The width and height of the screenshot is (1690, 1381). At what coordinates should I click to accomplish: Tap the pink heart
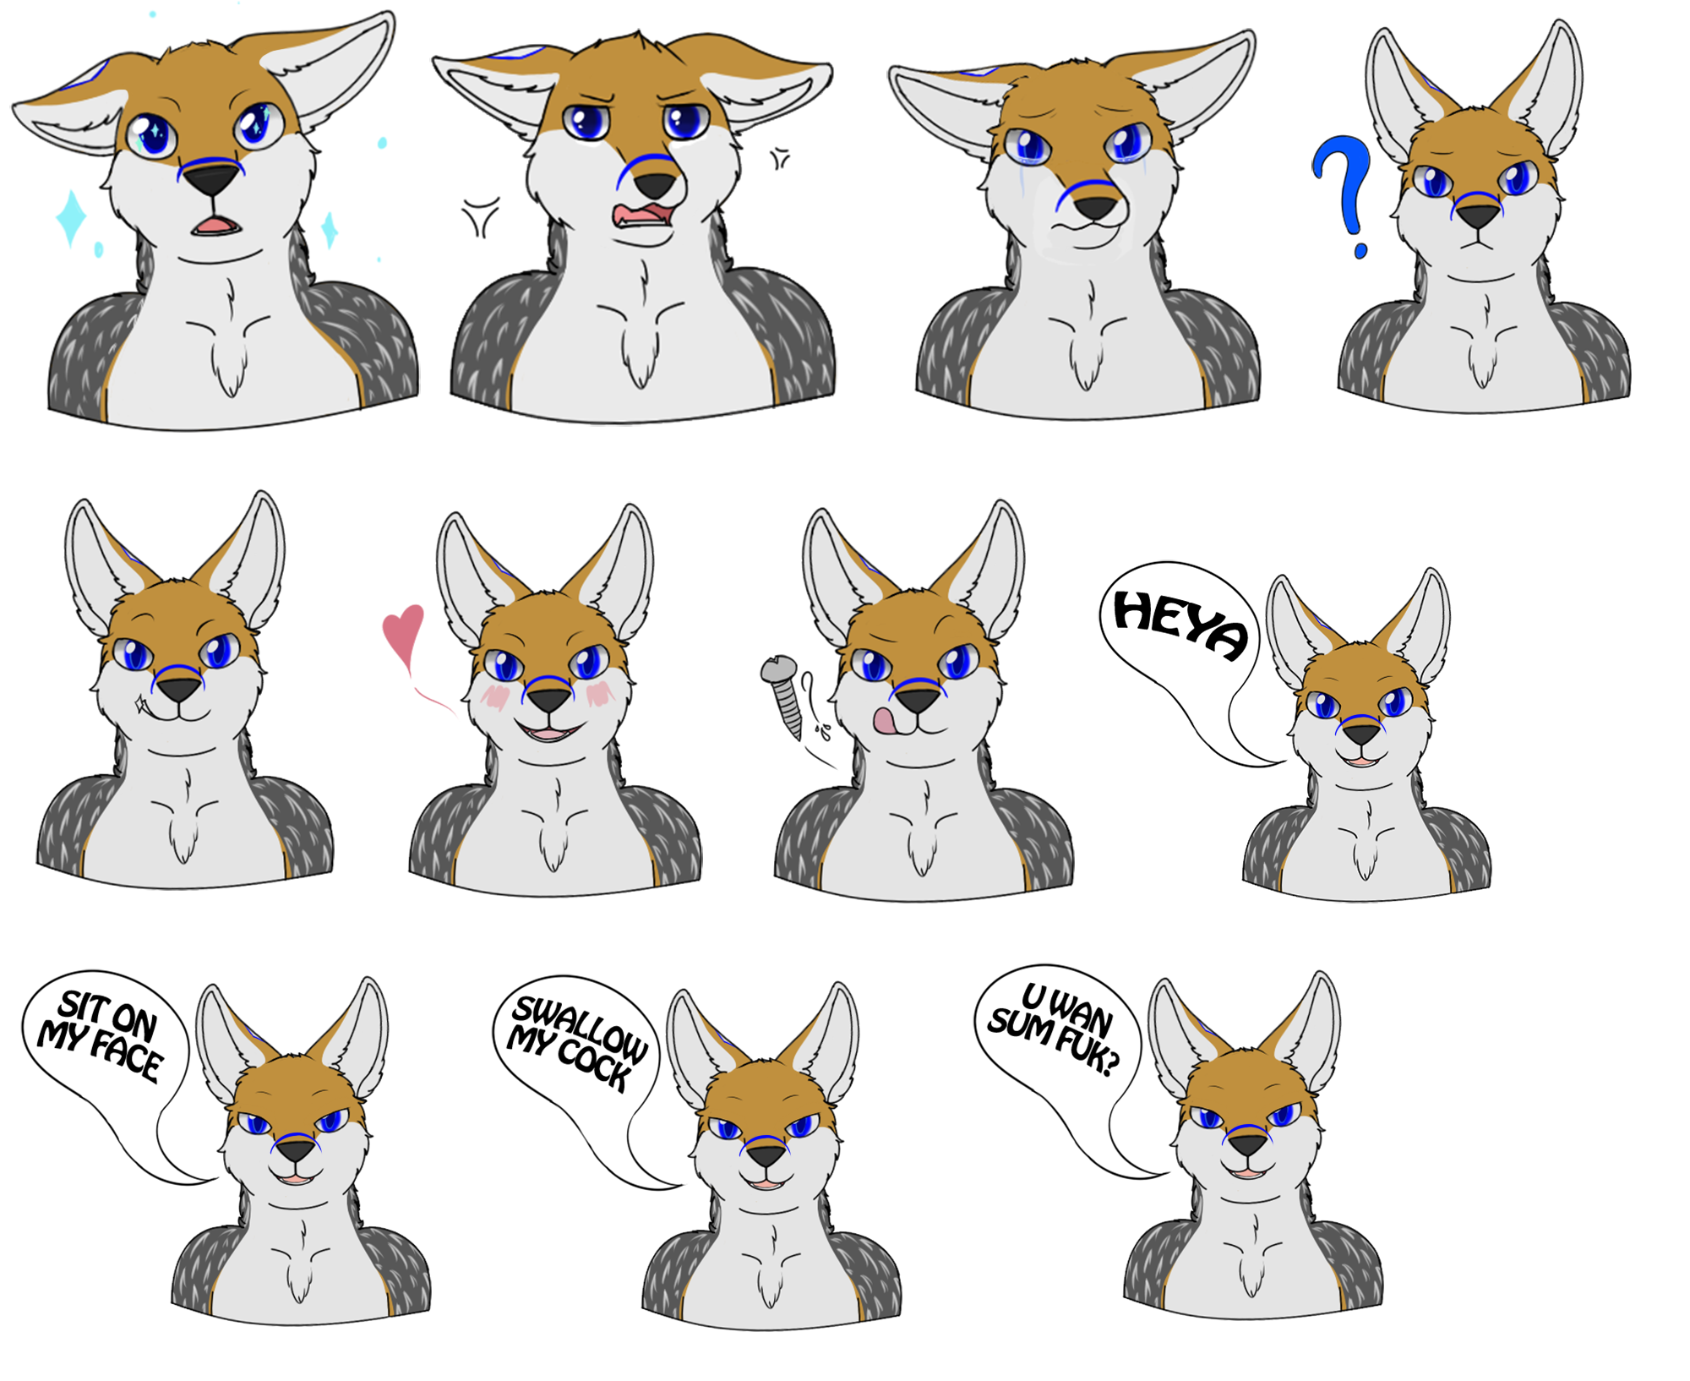click(404, 636)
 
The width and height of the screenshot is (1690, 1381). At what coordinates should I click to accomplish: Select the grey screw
click(784, 695)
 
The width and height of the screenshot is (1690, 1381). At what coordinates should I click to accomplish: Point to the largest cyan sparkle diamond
click(71, 217)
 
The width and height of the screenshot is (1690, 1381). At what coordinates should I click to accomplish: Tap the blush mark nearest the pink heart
click(495, 696)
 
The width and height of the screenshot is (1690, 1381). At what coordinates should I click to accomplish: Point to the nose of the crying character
click(1095, 206)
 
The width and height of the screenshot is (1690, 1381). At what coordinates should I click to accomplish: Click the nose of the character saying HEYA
click(1361, 734)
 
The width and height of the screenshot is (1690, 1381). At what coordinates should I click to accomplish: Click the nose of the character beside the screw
click(918, 699)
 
